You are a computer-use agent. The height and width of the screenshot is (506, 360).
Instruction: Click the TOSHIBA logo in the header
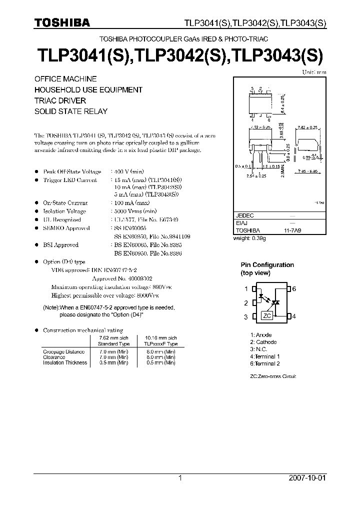click(x=62, y=22)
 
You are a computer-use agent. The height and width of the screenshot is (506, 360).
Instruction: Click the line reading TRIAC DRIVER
click(x=60, y=100)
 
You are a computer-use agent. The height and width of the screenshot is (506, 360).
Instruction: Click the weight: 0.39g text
click(x=250, y=238)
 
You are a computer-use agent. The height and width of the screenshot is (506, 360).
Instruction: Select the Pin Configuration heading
click(x=267, y=265)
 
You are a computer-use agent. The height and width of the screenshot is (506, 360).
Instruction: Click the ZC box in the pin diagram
click(x=267, y=316)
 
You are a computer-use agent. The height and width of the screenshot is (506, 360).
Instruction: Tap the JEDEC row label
click(x=244, y=215)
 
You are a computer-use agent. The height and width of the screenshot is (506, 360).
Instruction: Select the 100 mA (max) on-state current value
click(x=130, y=203)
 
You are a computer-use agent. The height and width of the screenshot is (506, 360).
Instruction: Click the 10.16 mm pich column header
click(x=160, y=338)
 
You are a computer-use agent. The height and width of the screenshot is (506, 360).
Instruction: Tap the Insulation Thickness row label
click(x=65, y=362)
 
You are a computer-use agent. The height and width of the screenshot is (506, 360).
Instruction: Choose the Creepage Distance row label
click(x=63, y=352)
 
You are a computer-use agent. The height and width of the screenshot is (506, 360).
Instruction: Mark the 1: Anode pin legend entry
click(x=261, y=335)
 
